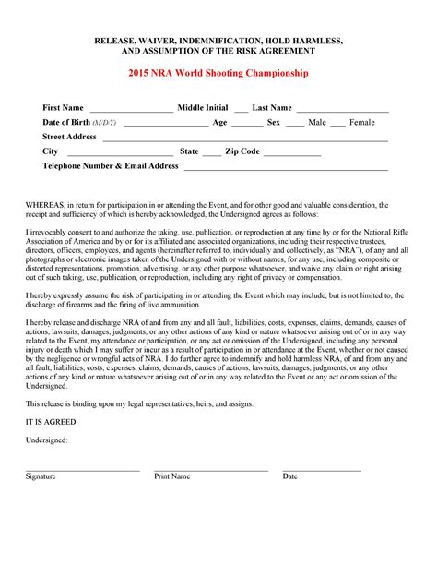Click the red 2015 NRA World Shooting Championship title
pos(218,73)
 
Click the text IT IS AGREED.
pos(52,421)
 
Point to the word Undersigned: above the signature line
pos(46,440)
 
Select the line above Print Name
pos(210,470)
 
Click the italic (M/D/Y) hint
pos(105,123)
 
